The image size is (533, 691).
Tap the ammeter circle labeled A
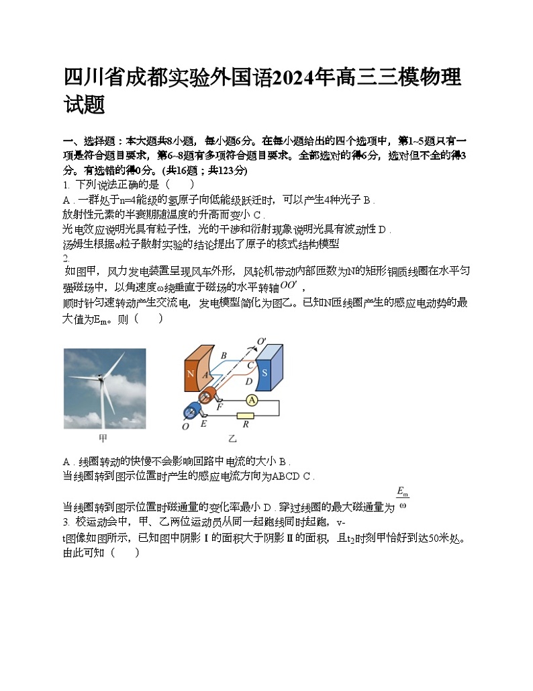coord(252,401)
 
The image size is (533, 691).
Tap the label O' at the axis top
coord(262,341)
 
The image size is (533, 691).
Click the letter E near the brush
coord(203,424)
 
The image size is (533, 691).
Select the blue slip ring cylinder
coord(193,413)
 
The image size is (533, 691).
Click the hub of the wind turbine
coord(102,381)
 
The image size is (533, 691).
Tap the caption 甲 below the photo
coord(103,439)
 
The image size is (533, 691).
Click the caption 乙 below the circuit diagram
coord(232,439)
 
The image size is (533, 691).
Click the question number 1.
coord(65,184)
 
